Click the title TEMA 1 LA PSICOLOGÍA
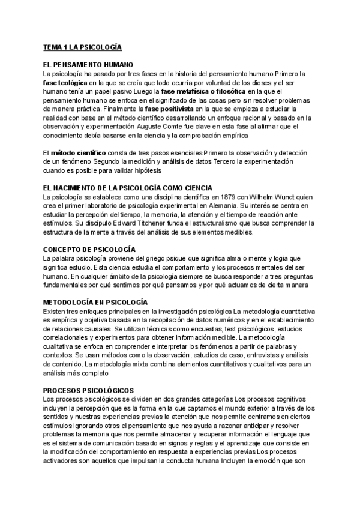pyautogui.click(x=82, y=46)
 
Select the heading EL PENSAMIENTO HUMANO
pyautogui.click(x=88, y=64)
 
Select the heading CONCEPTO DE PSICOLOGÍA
pyautogui.click(x=90, y=250)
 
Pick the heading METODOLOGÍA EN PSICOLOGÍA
pyautogui.click(x=95, y=303)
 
